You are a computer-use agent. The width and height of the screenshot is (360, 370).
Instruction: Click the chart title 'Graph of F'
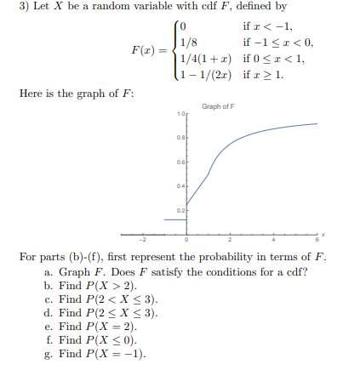[x=220, y=106]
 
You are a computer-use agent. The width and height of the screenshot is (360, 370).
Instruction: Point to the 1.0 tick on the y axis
[x=181, y=115]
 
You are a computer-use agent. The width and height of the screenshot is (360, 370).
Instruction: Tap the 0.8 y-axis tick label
[x=181, y=139]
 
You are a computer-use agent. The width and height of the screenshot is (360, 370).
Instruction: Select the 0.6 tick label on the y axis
[x=181, y=162]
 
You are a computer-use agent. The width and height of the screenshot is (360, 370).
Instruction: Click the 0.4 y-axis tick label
[x=181, y=185]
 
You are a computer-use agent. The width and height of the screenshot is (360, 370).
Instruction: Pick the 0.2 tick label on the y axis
[x=181, y=209]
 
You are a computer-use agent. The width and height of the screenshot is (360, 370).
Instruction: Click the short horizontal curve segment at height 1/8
[x=175, y=219]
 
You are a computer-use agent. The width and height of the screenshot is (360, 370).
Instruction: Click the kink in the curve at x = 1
[x=209, y=174]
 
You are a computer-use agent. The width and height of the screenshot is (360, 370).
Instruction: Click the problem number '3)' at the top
[x=8, y=8]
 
